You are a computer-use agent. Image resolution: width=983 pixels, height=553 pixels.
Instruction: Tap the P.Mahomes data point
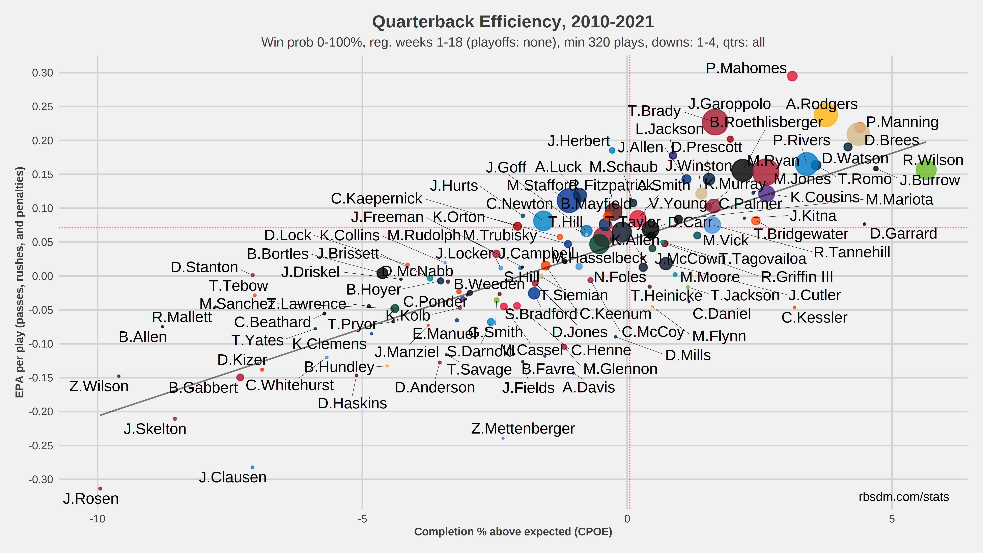pos(792,76)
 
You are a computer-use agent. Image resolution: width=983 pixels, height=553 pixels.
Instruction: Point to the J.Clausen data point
pos(252,467)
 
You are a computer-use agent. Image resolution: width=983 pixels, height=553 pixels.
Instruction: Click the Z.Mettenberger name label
pos(523,428)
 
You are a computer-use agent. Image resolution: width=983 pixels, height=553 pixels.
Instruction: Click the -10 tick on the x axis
pos(97,519)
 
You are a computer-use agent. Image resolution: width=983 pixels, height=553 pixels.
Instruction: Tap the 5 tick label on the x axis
pos(892,519)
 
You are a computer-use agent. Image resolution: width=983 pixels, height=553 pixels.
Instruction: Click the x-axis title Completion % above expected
pos(513,532)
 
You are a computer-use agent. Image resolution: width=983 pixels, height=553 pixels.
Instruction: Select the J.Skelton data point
pos(175,419)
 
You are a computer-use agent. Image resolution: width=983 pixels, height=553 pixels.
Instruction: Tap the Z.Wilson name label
pos(99,386)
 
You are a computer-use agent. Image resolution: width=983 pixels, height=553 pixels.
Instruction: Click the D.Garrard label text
pos(903,233)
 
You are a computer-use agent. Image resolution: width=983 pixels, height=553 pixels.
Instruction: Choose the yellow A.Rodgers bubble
pos(825,114)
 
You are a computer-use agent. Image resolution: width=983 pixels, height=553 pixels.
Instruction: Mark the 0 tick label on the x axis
pos(627,519)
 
